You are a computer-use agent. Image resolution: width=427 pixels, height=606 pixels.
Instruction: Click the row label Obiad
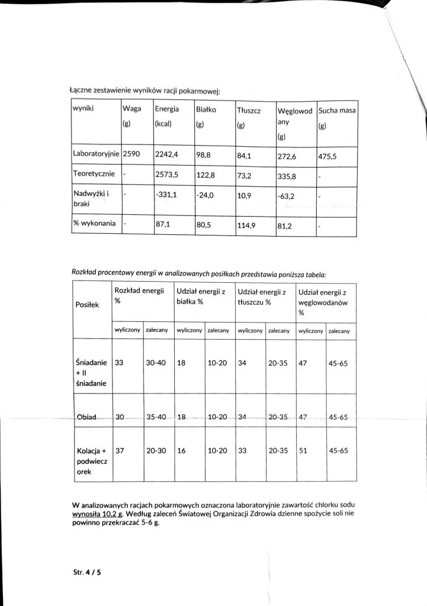point(86,417)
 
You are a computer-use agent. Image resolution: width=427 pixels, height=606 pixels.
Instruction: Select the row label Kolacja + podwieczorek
point(91,462)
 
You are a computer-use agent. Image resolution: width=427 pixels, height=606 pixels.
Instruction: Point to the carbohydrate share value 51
point(303,450)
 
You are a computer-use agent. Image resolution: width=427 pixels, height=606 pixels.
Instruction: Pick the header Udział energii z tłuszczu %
point(261,296)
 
